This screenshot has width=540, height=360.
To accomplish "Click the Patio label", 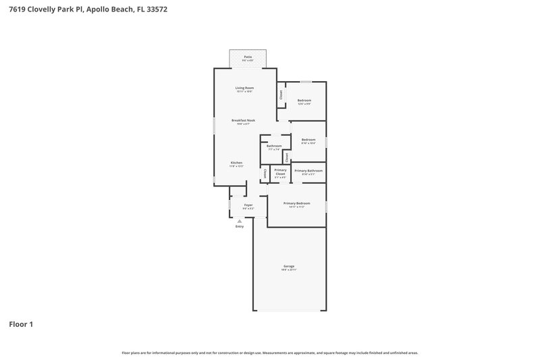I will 248,57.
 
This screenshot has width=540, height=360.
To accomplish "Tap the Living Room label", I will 244,88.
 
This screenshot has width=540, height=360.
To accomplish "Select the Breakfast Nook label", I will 243,120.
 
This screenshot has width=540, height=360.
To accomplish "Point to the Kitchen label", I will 236,163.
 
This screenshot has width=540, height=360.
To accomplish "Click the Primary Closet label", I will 280,171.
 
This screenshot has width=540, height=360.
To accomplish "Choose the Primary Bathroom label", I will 308,171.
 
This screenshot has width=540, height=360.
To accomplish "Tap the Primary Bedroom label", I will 297,203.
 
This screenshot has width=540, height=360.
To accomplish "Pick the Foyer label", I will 248,205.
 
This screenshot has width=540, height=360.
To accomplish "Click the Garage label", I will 289,266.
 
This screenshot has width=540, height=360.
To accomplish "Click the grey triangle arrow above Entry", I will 239,220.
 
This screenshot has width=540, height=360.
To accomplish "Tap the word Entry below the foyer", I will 239,226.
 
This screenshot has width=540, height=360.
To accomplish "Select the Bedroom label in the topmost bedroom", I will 304,100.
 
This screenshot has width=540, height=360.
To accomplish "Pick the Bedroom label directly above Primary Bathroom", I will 308,139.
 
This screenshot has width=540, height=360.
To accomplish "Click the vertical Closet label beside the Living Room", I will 281,95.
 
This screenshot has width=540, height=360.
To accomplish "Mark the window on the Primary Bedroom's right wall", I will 326,205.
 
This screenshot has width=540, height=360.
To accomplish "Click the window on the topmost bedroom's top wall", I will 306,82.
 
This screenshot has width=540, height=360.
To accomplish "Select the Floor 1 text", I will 21,324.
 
